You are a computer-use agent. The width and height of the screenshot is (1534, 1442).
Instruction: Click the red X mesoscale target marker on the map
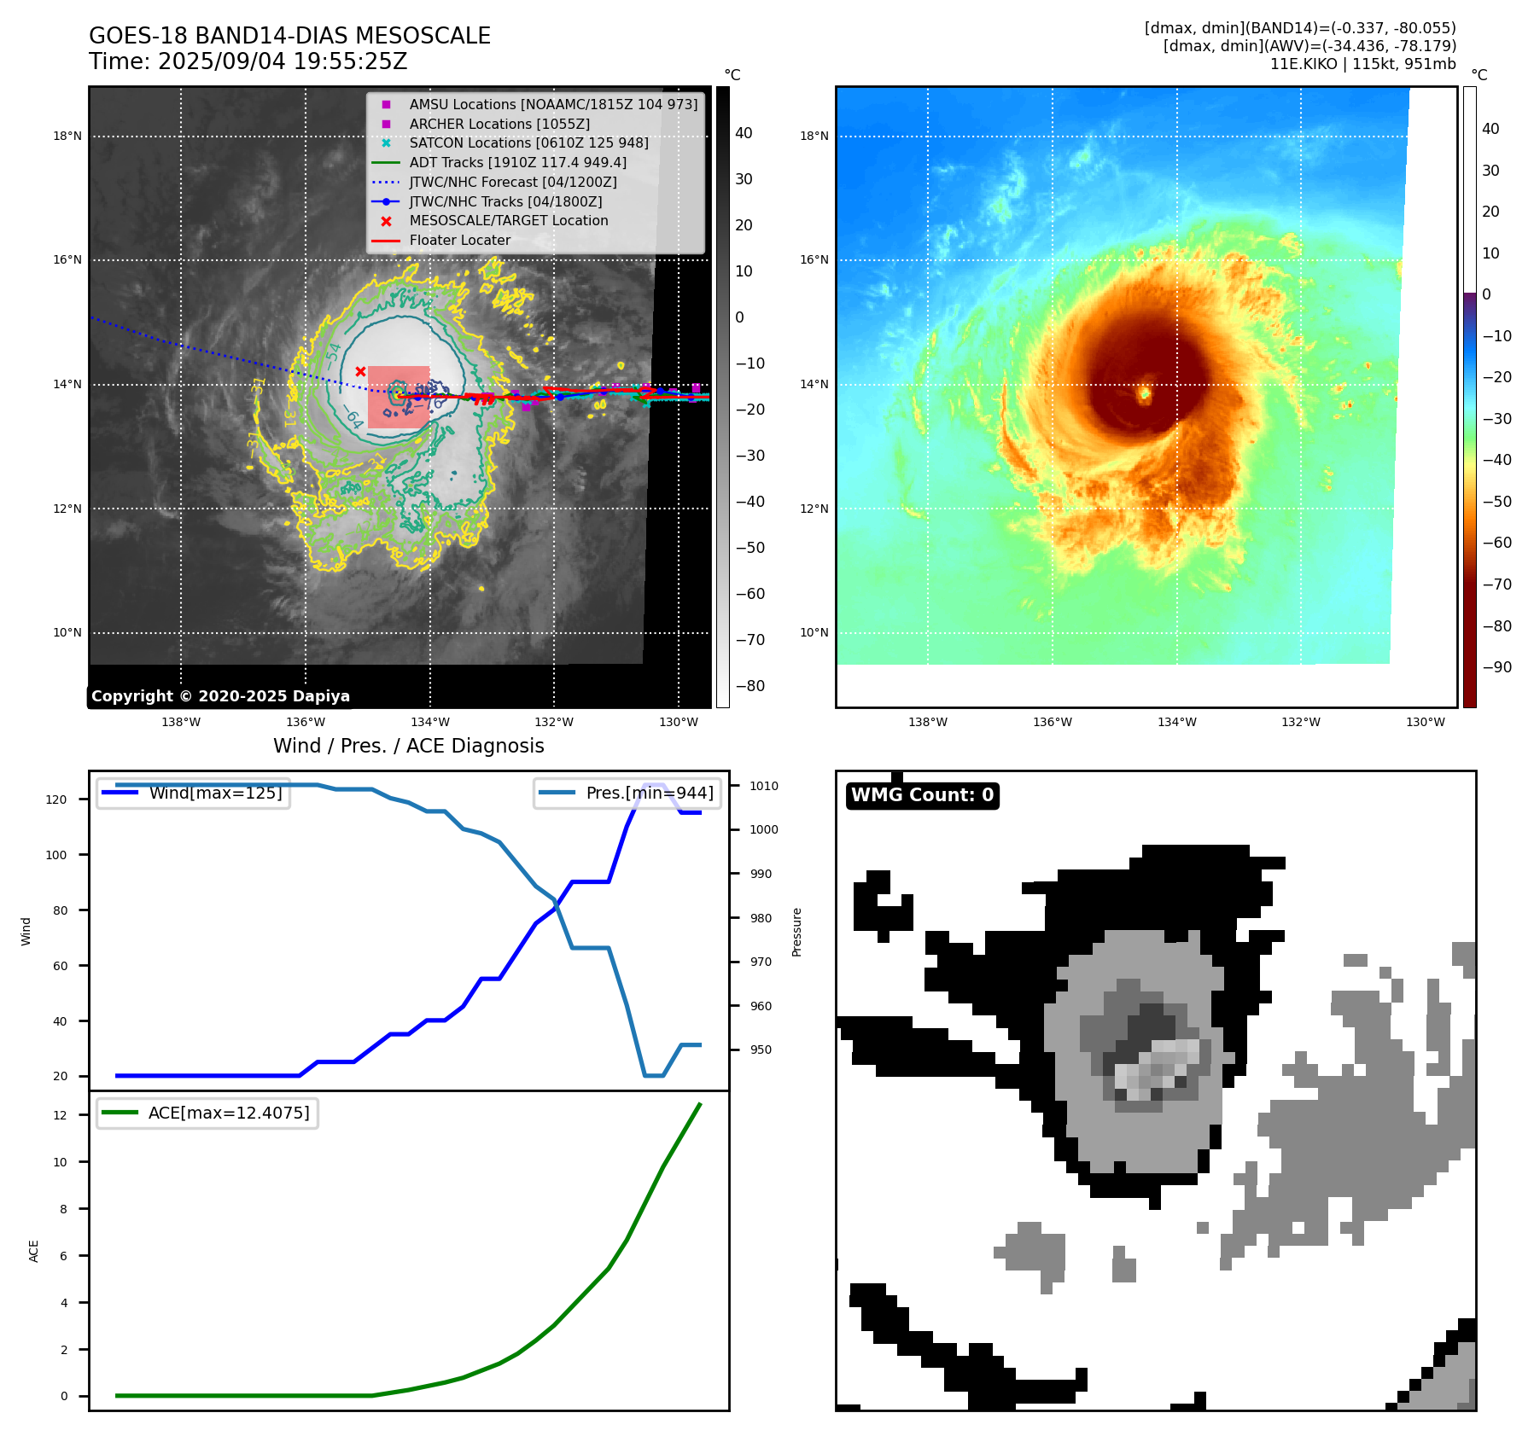pyautogui.click(x=360, y=371)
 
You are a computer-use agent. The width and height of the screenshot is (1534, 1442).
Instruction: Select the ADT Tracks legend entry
pyautogui.click(x=517, y=162)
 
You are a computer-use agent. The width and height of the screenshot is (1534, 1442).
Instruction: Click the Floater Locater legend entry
pyautogui.click(x=459, y=241)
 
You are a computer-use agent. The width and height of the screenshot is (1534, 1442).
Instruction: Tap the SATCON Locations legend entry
pyautogui.click(x=528, y=143)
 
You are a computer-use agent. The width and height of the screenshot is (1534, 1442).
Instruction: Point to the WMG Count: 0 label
pyautogui.click(x=922, y=795)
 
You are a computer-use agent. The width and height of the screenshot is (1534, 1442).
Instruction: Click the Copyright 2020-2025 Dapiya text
pyautogui.click(x=220, y=696)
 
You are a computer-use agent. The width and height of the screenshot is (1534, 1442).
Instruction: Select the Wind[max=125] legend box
pyautogui.click(x=193, y=793)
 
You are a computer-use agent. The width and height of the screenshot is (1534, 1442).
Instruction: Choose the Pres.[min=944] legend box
pyautogui.click(x=627, y=793)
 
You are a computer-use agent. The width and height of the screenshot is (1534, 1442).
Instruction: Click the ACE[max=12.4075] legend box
pyautogui.click(x=207, y=1113)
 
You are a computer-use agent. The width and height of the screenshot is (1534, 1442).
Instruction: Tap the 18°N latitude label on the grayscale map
pyautogui.click(x=67, y=136)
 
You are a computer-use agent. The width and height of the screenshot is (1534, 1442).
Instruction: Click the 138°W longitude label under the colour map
pyautogui.click(x=927, y=722)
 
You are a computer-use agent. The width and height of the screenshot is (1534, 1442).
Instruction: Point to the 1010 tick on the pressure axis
pyautogui.click(x=764, y=786)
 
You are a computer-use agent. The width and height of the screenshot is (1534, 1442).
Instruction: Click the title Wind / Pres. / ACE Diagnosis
pyautogui.click(x=408, y=746)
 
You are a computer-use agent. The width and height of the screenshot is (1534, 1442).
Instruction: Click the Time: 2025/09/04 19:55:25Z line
pyautogui.click(x=248, y=61)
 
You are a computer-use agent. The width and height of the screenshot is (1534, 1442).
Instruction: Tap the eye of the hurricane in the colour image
pyautogui.click(x=1145, y=393)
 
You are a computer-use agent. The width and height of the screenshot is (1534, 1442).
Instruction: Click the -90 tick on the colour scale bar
pyautogui.click(x=1496, y=667)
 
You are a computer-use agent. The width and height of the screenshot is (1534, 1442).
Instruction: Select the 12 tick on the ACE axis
pyautogui.click(x=60, y=1115)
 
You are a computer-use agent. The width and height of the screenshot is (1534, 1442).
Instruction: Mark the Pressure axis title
pyautogui.click(x=796, y=932)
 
